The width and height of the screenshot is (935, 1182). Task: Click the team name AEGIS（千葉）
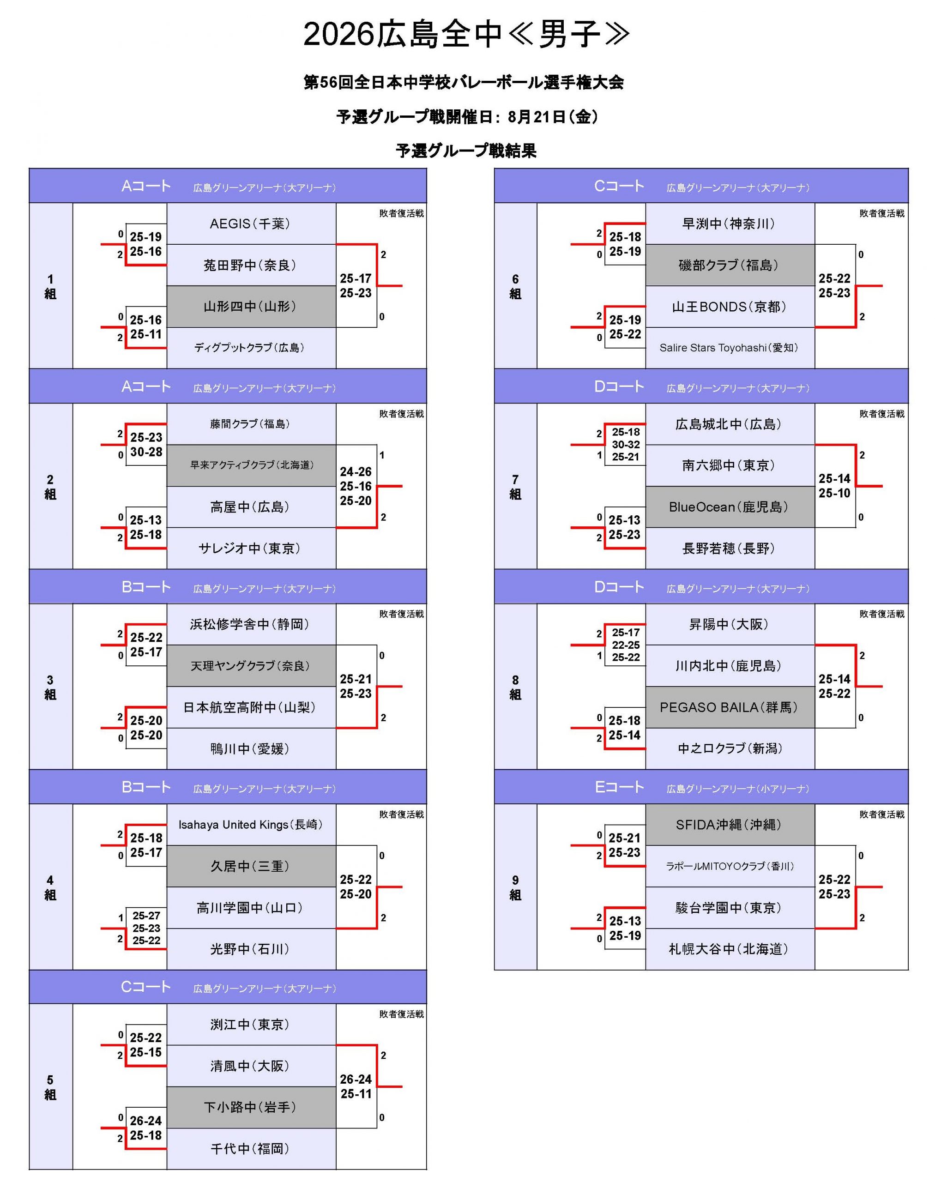click(250, 224)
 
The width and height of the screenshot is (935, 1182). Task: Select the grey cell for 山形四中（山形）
click(251, 307)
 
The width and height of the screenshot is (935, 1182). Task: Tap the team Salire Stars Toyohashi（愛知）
click(729, 348)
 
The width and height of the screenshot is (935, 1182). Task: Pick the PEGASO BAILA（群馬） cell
click(730, 707)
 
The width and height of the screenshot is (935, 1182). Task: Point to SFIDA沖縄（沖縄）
click(730, 825)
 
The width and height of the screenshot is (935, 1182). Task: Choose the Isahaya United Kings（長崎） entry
click(250, 825)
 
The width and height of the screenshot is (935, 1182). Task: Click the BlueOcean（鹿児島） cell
click(730, 507)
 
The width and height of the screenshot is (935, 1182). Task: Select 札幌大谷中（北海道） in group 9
click(729, 949)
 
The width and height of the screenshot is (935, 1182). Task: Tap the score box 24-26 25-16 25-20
click(356, 486)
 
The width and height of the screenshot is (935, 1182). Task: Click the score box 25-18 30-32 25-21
click(625, 445)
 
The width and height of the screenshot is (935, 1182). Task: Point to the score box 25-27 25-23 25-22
click(146, 928)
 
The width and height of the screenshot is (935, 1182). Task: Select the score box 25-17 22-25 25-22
click(625, 645)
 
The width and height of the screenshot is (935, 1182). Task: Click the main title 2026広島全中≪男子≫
click(466, 35)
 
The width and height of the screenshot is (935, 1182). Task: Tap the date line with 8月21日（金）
click(467, 117)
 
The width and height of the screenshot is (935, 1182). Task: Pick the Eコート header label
click(619, 787)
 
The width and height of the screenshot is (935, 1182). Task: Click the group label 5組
click(50, 1087)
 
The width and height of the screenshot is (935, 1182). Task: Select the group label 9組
click(515, 887)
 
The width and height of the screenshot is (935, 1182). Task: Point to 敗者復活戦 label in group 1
click(401, 213)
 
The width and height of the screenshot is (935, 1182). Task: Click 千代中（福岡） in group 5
click(250, 1149)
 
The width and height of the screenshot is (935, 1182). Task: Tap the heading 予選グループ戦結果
click(466, 151)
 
